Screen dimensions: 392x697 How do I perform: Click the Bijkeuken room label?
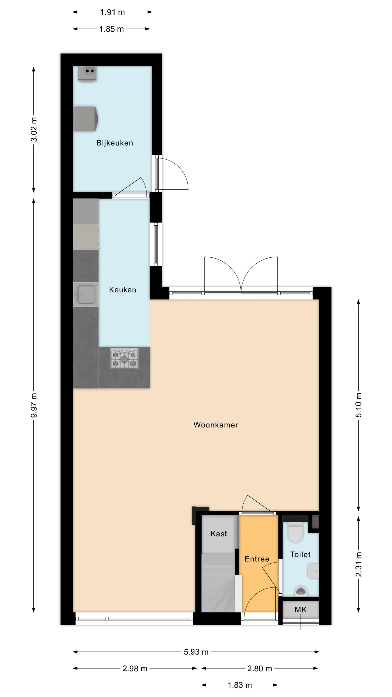coord(115,143)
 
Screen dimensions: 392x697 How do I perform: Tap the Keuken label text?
coord(123,290)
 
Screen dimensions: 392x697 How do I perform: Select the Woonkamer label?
coord(216,425)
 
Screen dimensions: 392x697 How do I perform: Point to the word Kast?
coord(219,534)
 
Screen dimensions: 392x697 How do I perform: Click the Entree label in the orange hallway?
coord(257,559)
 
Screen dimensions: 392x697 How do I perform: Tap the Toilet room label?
coord(300,554)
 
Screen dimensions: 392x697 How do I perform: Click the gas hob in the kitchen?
coord(124,358)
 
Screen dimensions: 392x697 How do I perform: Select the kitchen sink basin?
coord(86,295)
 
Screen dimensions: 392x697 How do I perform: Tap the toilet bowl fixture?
coord(295,532)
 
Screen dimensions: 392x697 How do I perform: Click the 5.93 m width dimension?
coord(196,652)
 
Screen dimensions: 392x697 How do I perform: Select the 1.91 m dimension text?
coord(112,12)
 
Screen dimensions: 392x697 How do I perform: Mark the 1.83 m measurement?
coord(240,685)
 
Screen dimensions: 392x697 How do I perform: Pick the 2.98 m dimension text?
coord(135,669)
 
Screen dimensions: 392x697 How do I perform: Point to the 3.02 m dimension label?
coord(34,130)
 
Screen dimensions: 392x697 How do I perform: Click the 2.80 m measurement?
coord(260,669)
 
